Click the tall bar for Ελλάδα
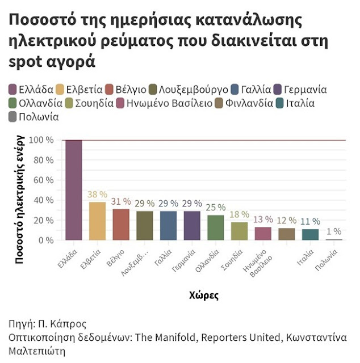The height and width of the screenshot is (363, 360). coord(73,190)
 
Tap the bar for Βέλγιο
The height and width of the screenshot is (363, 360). coord(120,225)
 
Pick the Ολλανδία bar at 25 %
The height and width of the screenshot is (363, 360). coord(215,227)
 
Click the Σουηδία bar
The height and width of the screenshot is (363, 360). coord(239,231)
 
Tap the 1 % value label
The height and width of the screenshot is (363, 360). coord(334,231)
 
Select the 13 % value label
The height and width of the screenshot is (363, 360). coord(263,220)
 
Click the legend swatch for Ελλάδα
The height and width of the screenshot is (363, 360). coord(12,90)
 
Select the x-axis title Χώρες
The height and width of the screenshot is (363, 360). coord(203,296)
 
